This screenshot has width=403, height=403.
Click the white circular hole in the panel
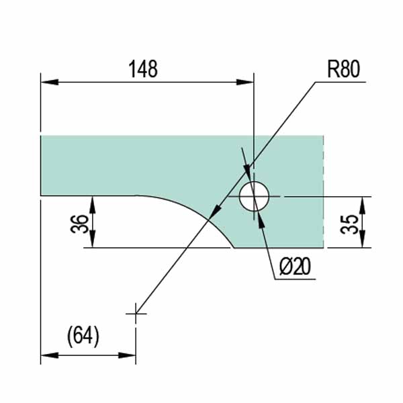coord(254,196)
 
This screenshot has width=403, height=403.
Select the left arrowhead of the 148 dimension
coord(48,82)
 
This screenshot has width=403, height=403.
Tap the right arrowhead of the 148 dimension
coord(247,82)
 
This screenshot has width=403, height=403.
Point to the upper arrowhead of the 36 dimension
coord(93,204)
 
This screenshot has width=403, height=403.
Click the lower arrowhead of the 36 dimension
coord(93,241)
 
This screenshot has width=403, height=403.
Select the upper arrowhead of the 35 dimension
coord(363,204)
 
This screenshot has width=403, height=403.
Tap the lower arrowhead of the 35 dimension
coord(363,241)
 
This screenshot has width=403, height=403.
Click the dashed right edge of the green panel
coord(324,191)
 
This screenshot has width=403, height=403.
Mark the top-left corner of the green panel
coord(42,136)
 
